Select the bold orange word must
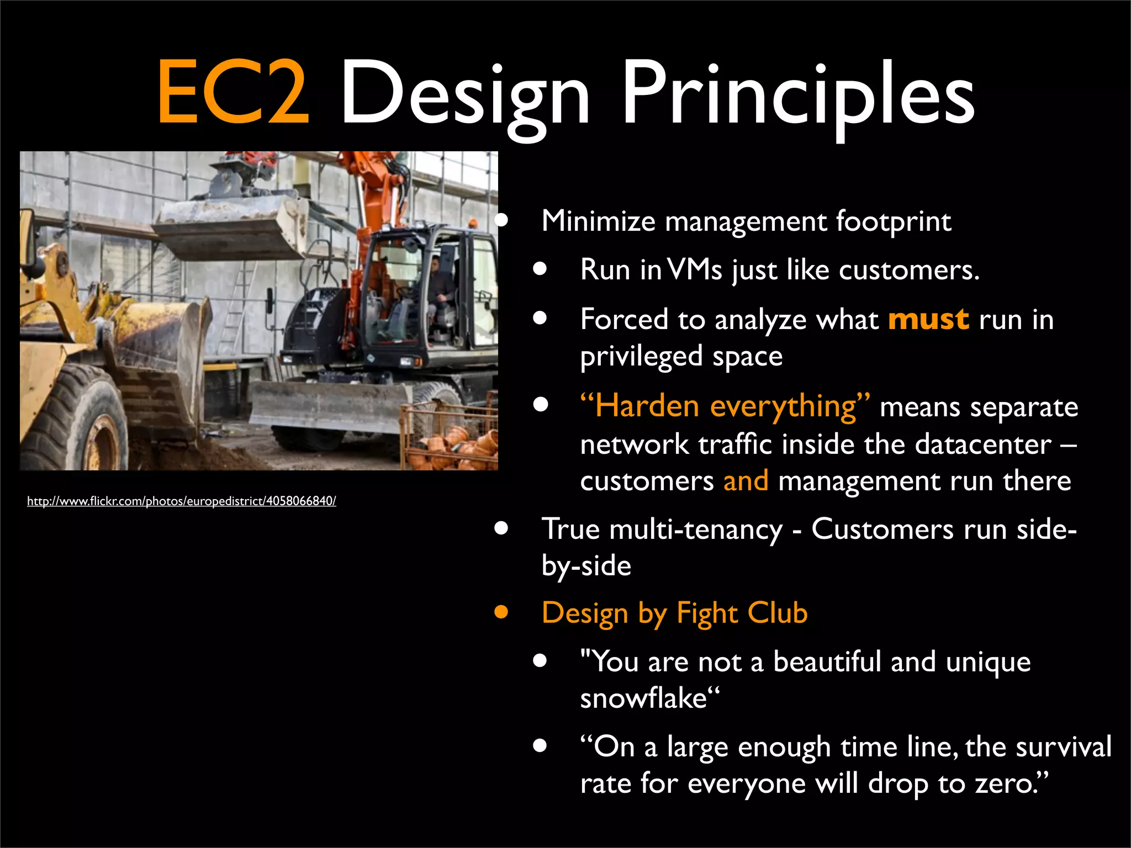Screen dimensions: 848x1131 (928, 320)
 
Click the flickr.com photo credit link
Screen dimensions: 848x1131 (181, 501)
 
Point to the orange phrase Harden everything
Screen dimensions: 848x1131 (725, 407)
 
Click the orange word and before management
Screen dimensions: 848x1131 (746, 481)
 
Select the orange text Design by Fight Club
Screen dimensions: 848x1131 (674, 613)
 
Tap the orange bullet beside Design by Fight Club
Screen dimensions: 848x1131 (501, 612)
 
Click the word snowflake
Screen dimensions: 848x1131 (643, 698)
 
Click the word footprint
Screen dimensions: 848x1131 (893, 221)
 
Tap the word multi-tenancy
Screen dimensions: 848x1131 (696, 529)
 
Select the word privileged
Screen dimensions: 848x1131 (641, 357)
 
